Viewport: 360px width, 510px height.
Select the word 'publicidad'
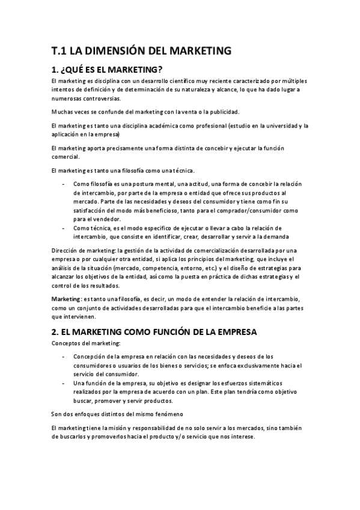tap(222, 112)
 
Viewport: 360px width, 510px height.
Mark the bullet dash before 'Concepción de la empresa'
tap(64, 356)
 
